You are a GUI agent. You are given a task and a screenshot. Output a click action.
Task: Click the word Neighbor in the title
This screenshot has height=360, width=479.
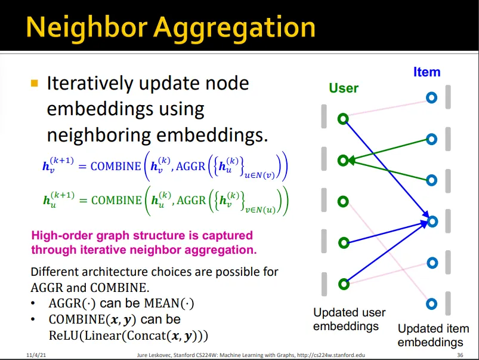86,27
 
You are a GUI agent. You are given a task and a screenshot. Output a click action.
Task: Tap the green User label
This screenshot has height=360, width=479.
344,88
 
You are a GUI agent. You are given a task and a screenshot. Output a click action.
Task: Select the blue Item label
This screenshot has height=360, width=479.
427,72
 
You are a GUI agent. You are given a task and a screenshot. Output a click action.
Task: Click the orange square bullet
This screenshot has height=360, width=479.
34,83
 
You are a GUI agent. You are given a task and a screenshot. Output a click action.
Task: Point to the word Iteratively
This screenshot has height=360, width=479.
90,83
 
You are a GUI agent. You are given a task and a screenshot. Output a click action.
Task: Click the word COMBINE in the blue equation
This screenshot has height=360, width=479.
116,167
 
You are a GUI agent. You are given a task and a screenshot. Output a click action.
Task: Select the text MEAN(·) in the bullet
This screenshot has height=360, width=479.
169,303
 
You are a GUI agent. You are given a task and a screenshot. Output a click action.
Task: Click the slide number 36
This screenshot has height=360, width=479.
460,355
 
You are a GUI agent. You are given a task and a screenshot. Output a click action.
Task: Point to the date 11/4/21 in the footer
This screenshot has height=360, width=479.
36,355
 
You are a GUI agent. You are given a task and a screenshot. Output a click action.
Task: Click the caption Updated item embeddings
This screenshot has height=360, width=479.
433,336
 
